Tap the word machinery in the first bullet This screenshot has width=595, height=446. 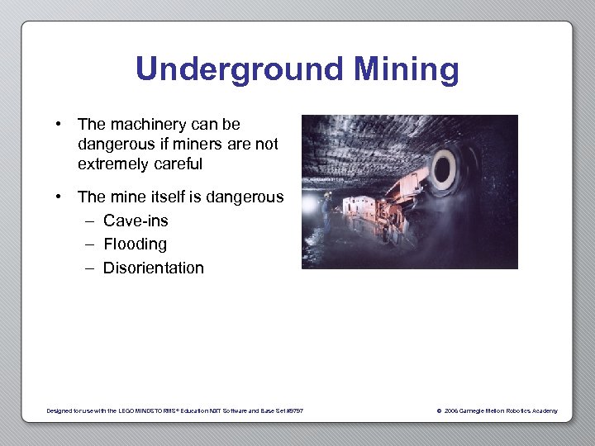pos(150,125)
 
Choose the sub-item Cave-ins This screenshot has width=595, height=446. pos(136,221)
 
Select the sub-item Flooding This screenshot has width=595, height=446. pos(135,244)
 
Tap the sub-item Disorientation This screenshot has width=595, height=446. pos(153,268)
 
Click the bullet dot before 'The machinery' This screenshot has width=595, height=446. pos(60,125)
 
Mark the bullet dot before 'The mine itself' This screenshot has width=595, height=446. pos(60,197)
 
